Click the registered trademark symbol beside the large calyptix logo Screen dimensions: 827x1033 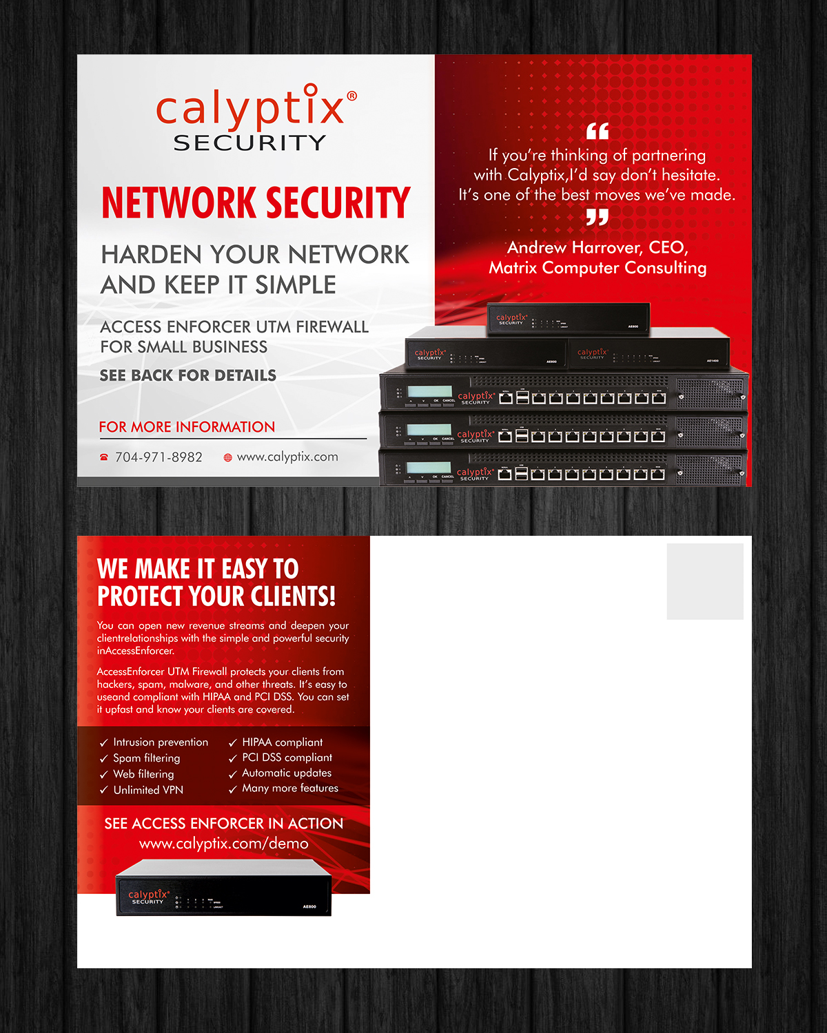pos(351,96)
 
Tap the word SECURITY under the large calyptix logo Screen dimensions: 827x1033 pos(250,143)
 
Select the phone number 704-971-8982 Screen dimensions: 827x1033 pos(159,457)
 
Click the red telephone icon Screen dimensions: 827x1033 pos(104,457)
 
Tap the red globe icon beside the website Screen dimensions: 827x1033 pos(228,457)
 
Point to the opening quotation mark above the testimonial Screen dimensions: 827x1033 pos(598,131)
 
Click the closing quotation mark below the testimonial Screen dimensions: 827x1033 pos(598,217)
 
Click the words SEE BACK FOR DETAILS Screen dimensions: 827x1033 pos(188,375)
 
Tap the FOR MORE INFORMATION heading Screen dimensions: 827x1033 pos(187,427)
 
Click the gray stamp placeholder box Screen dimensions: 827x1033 pos(705,581)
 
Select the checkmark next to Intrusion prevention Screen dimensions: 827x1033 pos(104,742)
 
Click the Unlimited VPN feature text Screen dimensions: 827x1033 pos(148,790)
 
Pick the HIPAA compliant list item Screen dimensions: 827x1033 pos(283,742)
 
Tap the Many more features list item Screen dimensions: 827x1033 pos(290,789)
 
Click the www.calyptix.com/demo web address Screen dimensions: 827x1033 pos(224,844)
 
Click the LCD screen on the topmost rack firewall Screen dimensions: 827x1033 pos(429,391)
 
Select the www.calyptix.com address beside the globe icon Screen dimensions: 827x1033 pos(287,457)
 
